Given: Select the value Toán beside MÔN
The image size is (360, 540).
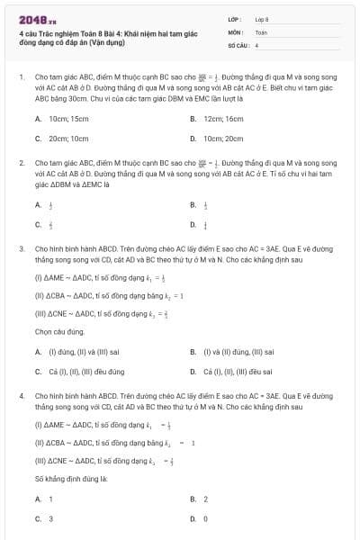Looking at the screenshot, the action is tap(261, 31).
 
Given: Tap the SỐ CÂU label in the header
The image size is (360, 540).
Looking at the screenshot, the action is tap(238, 44).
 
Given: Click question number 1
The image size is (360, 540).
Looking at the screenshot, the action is tap(21, 77).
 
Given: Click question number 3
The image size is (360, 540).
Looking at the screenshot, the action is tap(21, 247).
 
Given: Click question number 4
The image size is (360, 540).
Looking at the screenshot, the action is tap(21, 395).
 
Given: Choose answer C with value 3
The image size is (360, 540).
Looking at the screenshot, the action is tap(50, 518).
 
